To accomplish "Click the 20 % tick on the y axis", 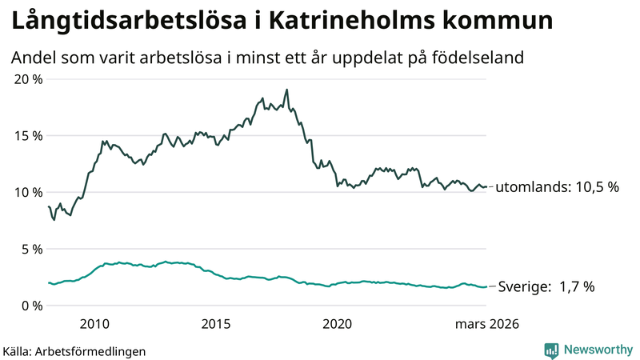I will tap(28, 79).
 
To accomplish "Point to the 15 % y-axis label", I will tap(28, 136).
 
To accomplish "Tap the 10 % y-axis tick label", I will tap(28, 193).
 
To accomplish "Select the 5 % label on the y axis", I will tap(31, 250).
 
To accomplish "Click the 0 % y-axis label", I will tap(31, 306).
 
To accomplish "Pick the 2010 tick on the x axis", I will tap(94, 324).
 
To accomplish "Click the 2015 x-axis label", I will tap(216, 324).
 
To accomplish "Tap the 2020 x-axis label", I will tap(337, 324).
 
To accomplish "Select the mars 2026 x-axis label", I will tap(487, 324).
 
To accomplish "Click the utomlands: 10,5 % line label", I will tap(557, 187).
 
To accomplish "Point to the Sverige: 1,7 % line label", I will tap(546, 286).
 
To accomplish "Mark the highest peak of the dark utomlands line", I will tap(286, 90).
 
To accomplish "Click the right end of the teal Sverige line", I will tap(486, 286).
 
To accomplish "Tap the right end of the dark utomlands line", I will tap(486, 187).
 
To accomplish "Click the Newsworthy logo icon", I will tap(552, 350).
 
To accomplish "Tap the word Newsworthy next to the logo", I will tap(597, 350).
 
